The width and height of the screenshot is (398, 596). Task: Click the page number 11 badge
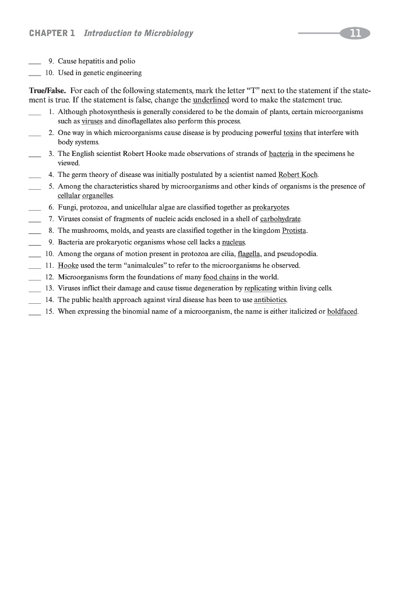point(355,33)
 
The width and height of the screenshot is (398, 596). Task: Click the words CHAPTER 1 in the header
point(52,33)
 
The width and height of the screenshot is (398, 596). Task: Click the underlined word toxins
point(293,133)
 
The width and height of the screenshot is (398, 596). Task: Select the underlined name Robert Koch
point(298,175)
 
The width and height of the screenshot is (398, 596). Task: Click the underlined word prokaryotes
point(271,207)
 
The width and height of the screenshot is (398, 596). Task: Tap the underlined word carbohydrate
point(280,219)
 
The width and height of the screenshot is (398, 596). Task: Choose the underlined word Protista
point(294,230)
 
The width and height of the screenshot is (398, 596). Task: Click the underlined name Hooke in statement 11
point(64,265)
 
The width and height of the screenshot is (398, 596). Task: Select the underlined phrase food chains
point(221,277)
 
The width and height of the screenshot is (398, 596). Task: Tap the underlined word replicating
point(260,288)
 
